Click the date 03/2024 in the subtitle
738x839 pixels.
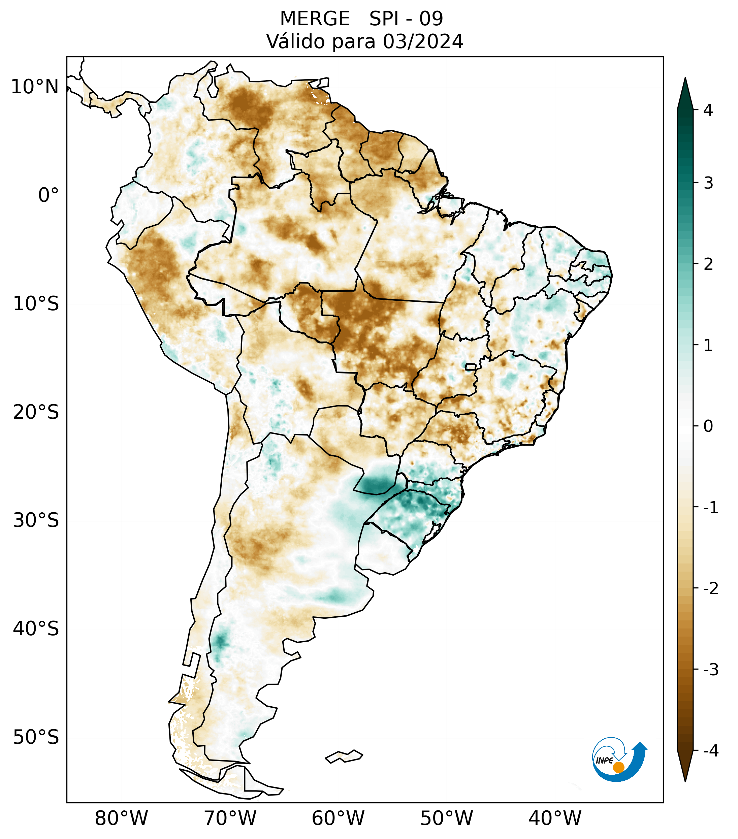pos(423,42)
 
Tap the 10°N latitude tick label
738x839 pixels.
pos(35,87)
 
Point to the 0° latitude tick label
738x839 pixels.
pos(49,195)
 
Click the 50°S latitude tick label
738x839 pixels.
pos(36,737)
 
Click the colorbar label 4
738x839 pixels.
pos(708,110)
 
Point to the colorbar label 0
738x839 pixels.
pos(708,426)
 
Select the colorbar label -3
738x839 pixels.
pos(710,670)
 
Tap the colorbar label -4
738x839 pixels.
pos(710,751)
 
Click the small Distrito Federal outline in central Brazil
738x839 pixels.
pos(471,366)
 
